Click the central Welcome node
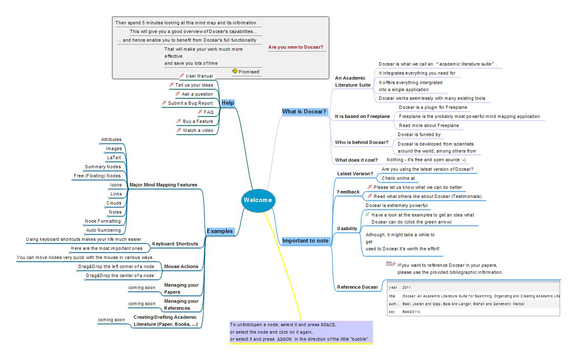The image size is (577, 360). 258,200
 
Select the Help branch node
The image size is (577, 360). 228,103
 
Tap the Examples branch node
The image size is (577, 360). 220,231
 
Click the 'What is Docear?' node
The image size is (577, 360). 304,112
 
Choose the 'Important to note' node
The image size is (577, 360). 305,241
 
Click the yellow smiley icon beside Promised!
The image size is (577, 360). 235,71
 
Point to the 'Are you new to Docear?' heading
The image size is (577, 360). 296,47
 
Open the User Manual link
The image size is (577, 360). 199,76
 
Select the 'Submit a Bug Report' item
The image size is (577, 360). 190,103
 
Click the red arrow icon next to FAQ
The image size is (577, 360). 199,112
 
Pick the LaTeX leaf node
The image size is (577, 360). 114,158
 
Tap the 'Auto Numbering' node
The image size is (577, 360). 103,230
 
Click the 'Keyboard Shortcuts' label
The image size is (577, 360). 175,244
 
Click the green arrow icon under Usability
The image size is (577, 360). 368,214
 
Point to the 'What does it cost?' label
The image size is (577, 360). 356,160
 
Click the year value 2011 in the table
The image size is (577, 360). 406,287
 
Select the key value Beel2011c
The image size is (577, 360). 411,312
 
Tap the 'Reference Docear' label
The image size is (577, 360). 357,287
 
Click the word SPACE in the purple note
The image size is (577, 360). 328,325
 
